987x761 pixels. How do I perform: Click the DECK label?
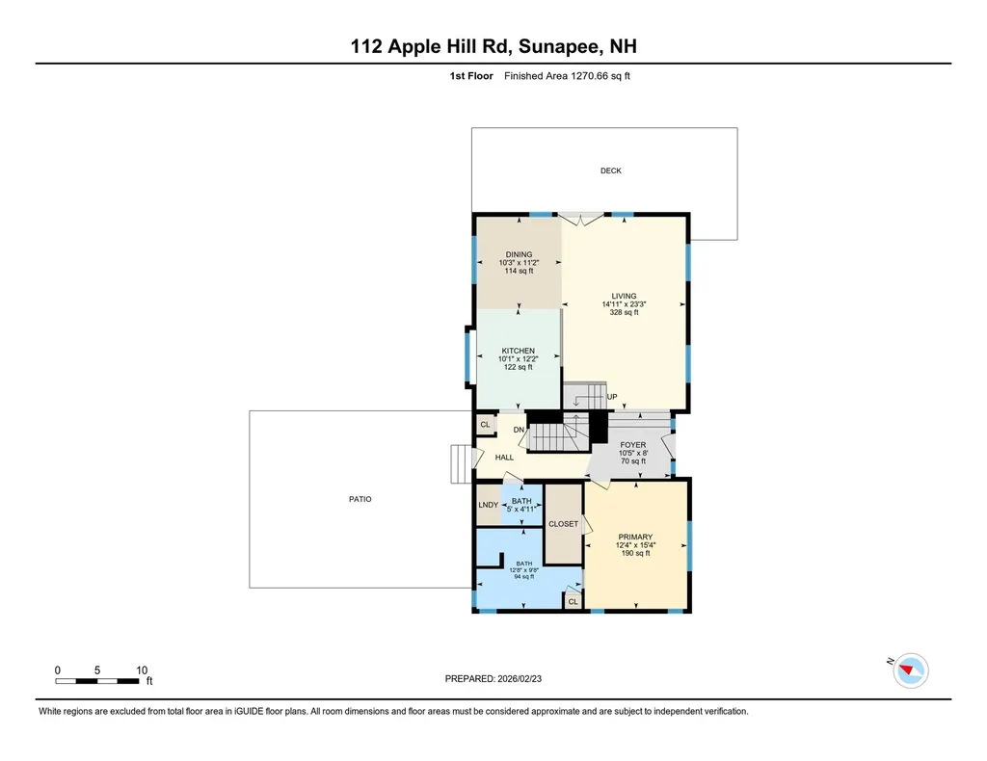(x=610, y=171)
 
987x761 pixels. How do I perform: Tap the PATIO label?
(x=360, y=499)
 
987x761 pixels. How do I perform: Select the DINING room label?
(x=519, y=254)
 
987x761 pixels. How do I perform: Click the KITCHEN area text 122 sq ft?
(x=519, y=367)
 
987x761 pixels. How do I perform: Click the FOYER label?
(x=632, y=445)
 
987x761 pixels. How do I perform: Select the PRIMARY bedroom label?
(x=635, y=538)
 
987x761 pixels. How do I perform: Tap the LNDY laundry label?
(x=488, y=505)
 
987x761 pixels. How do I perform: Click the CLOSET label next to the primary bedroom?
(x=563, y=524)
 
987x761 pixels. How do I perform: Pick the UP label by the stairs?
(x=611, y=397)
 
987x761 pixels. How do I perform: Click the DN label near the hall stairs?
(x=518, y=430)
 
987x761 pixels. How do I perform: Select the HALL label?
(x=504, y=458)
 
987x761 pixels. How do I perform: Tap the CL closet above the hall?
(x=485, y=424)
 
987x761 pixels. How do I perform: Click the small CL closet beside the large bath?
(x=573, y=601)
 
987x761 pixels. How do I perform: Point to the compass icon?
(x=910, y=670)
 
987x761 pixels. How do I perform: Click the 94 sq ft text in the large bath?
(x=525, y=576)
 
